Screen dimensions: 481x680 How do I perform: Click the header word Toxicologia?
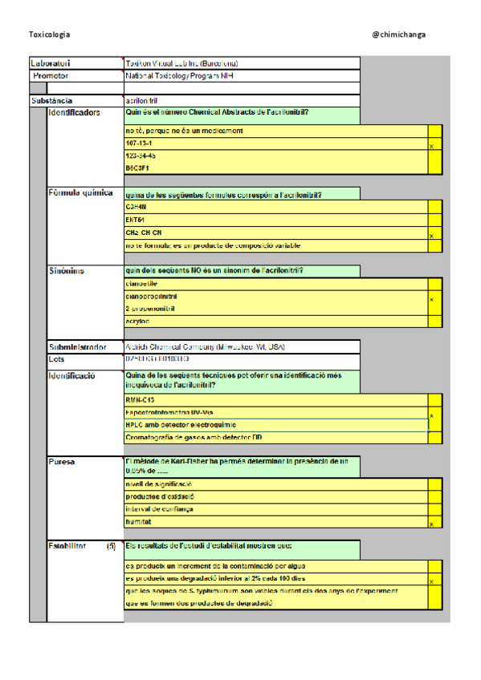point(49,34)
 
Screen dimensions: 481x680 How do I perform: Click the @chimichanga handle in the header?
point(399,34)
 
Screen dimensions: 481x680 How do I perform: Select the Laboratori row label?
point(51,63)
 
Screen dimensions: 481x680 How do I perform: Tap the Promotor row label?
point(51,75)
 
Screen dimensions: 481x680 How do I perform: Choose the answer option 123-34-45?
point(141,156)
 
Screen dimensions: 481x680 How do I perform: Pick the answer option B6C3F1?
point(138,168)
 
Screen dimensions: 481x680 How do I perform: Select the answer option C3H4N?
point(137,206)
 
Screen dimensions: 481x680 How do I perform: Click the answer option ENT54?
point(136,219)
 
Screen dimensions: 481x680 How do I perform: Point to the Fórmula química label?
point(80,194)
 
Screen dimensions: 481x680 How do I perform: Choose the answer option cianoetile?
point(141,284)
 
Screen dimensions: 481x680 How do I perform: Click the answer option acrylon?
point(137,321)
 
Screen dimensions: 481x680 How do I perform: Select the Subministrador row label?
point(77,347)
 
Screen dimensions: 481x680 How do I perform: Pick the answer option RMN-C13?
point(139,399)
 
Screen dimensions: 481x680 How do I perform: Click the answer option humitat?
point(138,522)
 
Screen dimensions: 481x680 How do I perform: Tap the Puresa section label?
point(62,463)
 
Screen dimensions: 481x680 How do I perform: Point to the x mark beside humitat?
point(432,524)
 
